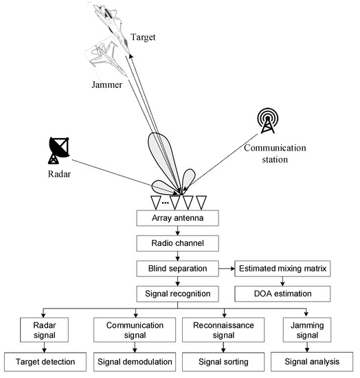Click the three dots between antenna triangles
coord(165,203)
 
